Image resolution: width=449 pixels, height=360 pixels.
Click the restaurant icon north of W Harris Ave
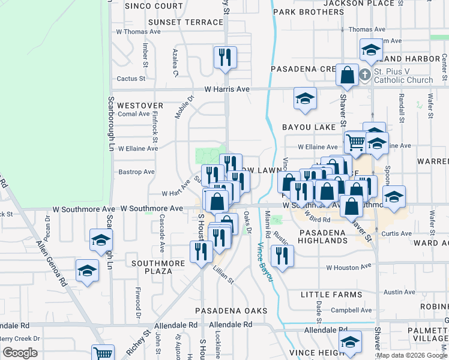(x=226, y=58)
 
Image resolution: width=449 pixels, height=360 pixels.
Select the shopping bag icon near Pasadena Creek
(x=348, y=76)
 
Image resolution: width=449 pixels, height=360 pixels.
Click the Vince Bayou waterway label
(x=264, y=261)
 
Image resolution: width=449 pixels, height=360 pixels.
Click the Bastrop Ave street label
(x=136, y=172)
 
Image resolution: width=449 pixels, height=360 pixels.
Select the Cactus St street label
(x=131, y=78)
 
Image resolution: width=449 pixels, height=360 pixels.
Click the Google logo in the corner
(x=19, y=353)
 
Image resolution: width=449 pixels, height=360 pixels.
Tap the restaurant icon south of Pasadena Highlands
(x=281, y=256)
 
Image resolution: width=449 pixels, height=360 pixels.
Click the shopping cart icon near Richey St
(x=103, y=353)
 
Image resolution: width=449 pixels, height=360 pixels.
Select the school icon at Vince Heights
(x=350, y=342)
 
